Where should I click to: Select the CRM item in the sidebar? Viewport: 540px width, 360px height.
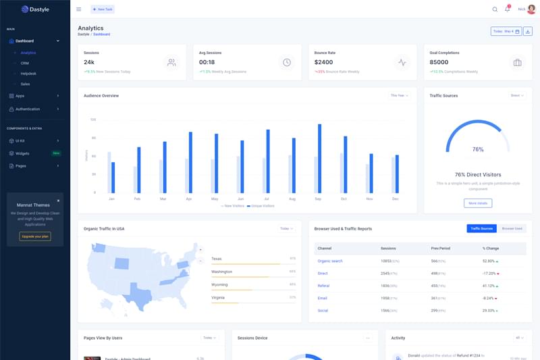25,63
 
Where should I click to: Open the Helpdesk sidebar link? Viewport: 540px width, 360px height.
28,73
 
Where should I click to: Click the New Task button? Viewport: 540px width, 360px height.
103,9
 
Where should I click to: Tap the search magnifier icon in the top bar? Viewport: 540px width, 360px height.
495,9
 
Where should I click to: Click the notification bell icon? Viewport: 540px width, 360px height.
507,9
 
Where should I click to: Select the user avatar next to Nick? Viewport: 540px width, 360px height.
531,9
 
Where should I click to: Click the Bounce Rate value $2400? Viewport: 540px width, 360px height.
323,62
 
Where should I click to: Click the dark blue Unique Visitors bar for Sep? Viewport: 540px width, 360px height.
319,157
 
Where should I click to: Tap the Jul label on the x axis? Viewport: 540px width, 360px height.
267,199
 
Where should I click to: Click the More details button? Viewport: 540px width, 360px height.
478,203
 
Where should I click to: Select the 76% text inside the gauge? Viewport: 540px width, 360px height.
478,149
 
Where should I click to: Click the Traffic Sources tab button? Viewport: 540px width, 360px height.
481,229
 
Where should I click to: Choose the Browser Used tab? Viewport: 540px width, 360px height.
512,229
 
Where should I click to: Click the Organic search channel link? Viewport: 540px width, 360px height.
330,261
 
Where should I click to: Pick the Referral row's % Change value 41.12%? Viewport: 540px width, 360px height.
489,286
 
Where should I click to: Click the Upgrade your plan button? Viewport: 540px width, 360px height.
35,236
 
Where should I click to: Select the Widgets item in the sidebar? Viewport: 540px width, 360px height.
22,153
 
